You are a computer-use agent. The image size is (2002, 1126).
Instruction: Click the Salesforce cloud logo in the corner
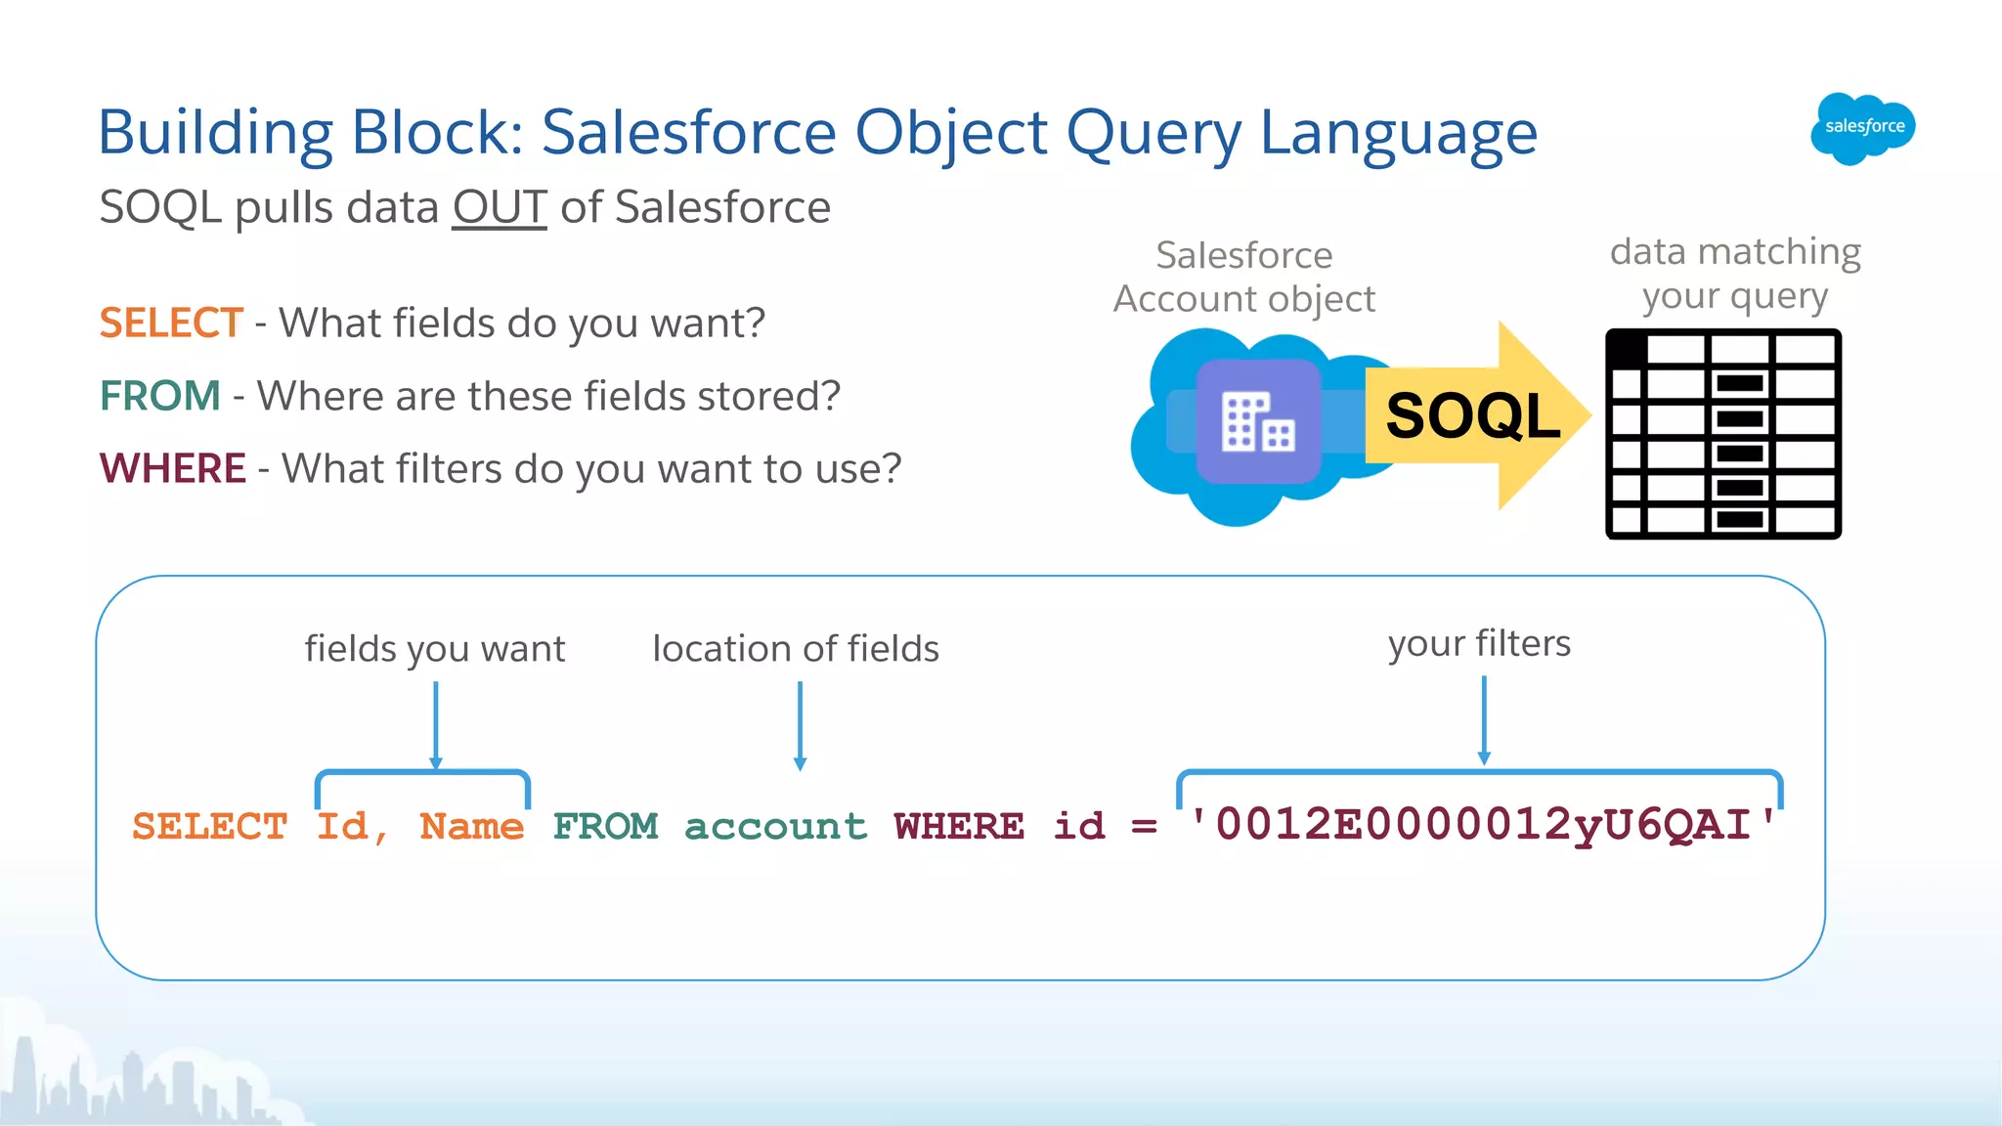tap(1862, 128)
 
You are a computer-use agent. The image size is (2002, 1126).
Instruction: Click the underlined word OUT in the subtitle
tap(499, 207)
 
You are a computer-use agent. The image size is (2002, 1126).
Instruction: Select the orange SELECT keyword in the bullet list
tap(171, 323)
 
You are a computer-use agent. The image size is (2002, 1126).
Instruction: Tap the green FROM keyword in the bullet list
tap(160, 396)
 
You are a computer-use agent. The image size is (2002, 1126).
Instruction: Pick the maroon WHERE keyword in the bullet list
tap(173, 468)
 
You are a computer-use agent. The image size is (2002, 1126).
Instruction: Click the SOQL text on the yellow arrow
tap(1472, 415)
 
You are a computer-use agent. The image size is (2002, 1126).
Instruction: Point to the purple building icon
tap(1258, 421)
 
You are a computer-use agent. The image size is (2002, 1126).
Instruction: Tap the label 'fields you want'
tap(435, 649)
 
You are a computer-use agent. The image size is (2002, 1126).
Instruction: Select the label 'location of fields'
tap(796, 649)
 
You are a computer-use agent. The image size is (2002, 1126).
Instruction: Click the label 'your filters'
tap(1479, 644)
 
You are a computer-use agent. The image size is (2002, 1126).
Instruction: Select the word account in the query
tap(775, 827)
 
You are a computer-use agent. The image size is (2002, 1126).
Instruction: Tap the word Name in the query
tap(471, 827)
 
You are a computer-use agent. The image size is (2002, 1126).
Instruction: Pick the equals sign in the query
tap(1144, 827)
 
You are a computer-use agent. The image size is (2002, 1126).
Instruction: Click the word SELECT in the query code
tap(210, 827)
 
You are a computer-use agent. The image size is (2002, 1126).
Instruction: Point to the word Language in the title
tap(1398, 133)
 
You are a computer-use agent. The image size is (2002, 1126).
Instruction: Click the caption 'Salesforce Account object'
tap(1243, 277)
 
